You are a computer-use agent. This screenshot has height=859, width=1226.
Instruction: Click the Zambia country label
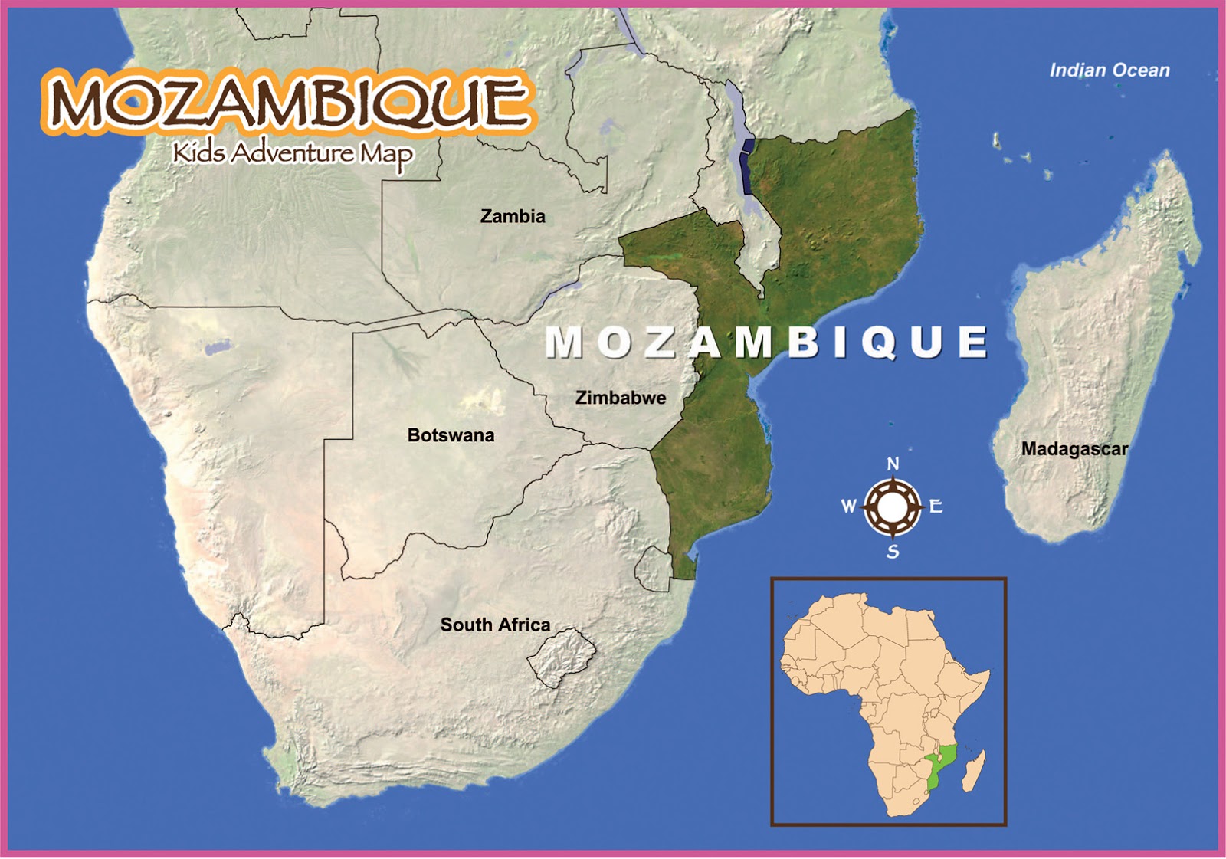(x=513, y=217)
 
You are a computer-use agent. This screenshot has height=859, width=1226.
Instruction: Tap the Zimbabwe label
(x=621, y=398)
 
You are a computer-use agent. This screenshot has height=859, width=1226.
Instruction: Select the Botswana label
(x=451, y=435)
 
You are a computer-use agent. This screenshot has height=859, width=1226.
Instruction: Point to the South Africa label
(x=495, y=625)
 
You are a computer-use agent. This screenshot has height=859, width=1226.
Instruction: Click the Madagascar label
(x=1074, y=449)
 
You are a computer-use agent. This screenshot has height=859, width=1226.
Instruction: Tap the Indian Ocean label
(x=1109, y=70)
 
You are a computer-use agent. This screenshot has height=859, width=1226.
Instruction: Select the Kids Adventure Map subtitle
(x=293, y=154)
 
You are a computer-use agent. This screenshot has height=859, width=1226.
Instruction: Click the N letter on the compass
(x=893, y=464)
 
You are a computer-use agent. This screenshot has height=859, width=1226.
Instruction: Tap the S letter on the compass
(x=893, y=552)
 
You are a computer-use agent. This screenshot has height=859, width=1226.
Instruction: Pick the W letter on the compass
(x=848, y=507)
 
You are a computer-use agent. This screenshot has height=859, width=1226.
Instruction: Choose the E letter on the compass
(x=936, y=507)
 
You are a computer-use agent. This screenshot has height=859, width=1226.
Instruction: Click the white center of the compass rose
(x=893, y=507)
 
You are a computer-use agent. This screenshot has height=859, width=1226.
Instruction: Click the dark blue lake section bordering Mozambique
(x=747, y=165)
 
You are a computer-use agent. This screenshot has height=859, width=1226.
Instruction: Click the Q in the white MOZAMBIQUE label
(x=879, y=343)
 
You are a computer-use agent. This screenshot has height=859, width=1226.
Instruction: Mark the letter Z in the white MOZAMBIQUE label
(x=660, y=343)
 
